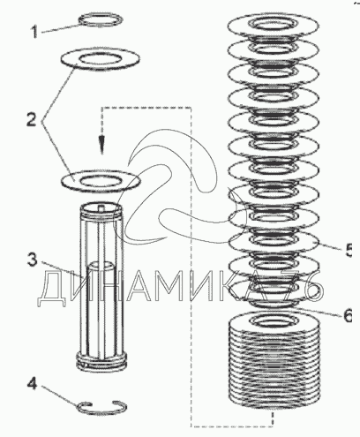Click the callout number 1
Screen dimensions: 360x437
click(34, 32)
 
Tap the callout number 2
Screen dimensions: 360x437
click(32, 120)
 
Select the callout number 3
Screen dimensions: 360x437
click(33, 260)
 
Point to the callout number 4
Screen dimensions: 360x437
click(33, 383)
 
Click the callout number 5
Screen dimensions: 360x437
click(349, 251)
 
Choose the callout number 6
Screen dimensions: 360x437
click(348, 315)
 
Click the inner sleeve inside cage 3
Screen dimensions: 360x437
click(101, 306)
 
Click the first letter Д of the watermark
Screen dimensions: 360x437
click(52, 289)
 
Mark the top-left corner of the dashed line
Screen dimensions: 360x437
click(101, 108)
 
